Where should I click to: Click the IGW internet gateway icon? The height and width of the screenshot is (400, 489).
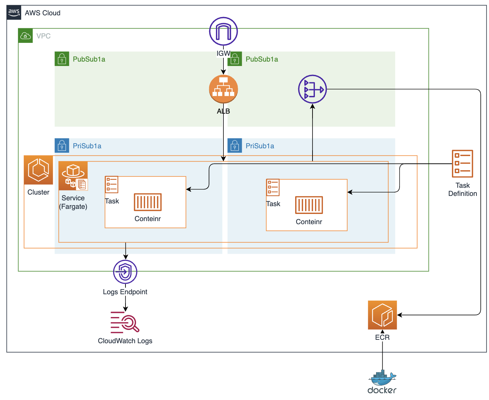[223, 31]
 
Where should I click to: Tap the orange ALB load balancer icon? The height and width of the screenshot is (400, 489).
[223, 89]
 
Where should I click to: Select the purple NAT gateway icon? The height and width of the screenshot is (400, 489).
[312, 89]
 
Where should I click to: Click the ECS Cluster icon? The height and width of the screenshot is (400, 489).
[38, 170]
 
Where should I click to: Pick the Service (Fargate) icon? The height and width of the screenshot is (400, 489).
[73, 176]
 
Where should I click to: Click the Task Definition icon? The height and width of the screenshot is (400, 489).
[462, 164]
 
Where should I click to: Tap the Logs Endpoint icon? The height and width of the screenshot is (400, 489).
[125, 272]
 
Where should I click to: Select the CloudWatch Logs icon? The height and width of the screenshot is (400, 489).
[125, 322]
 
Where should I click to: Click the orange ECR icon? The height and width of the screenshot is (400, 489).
[382, 315]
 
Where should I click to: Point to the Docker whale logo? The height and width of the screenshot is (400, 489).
[382, 378]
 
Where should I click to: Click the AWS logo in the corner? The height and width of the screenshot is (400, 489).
[14, 13]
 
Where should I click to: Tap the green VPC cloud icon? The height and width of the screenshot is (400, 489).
[26, 36]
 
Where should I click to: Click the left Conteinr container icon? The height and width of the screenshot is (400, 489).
[148, 202]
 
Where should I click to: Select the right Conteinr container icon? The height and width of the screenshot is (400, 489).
[309, 205]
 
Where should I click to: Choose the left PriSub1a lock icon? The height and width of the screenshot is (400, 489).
[62, 146]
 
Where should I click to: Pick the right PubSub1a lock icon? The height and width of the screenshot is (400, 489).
[235, 59]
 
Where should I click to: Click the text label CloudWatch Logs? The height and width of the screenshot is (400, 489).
[125, 341]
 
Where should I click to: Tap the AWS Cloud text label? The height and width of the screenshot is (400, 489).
[43, 13]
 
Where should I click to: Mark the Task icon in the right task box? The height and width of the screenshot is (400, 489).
[273, 187]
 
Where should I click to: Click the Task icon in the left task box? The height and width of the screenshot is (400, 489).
[112, 184]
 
